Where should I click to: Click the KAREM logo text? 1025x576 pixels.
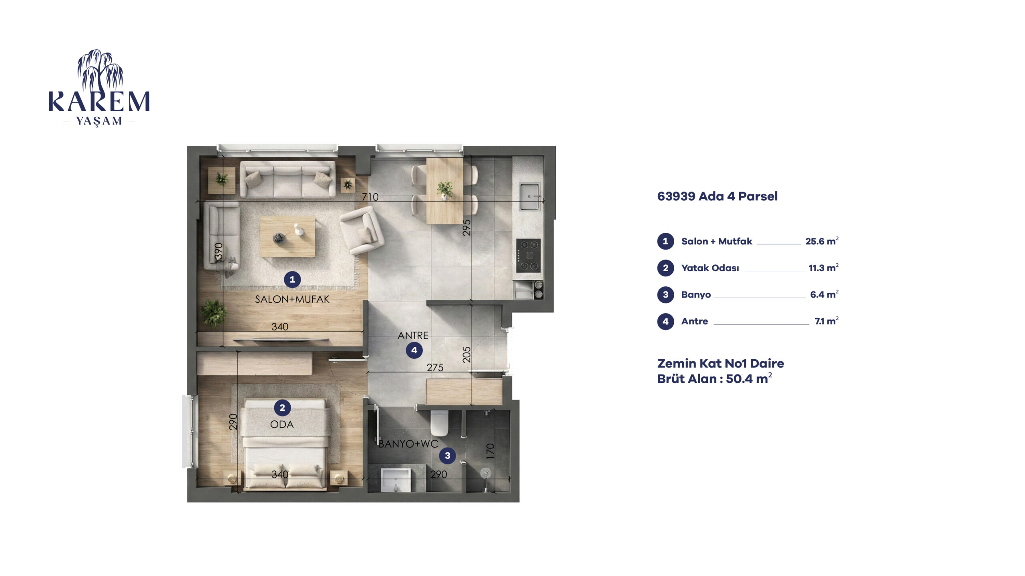coord(99,102)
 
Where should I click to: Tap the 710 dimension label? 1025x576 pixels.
coord(370,197)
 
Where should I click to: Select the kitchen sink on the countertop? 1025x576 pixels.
coord(530,196)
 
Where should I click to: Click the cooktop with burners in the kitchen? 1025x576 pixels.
coord(529,255)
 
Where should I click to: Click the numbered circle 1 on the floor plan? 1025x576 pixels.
coord(292,279)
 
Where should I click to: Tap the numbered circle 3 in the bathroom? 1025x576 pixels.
coord(447,455)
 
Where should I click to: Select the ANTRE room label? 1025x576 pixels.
coord(413,335)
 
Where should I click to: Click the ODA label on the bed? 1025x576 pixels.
coord(282,424)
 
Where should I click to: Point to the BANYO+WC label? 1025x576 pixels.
coord(408,444)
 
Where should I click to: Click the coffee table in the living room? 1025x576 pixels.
coord(287,236)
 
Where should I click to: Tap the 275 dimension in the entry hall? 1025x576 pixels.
coord(435,367)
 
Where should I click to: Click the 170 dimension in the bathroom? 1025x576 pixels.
coord(490,451)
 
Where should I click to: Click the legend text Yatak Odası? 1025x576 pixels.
coord(710,268)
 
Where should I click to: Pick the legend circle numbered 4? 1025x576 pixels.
coord(665,321)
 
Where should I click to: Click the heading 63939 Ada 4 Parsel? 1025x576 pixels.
coord(717,196)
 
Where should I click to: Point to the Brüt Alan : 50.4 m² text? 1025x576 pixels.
coord(715,378)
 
